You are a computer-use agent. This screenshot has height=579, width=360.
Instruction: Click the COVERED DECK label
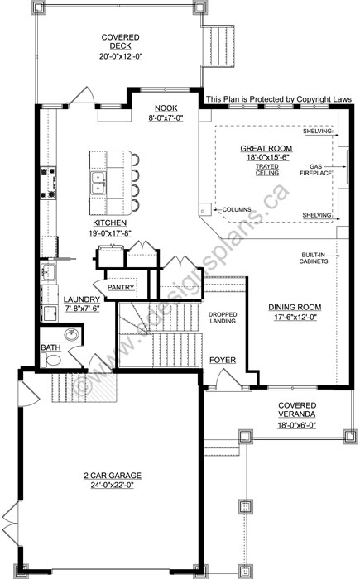pyautogui.click(x=121, y=41)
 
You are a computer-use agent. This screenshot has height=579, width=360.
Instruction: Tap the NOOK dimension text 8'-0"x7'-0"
pyautogui.click(x=166, y=117)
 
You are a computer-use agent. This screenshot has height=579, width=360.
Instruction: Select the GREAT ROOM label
pyautogui.click(x=266, y=148)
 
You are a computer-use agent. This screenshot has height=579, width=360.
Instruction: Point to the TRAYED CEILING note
pyautogui.click(x=266, y=170)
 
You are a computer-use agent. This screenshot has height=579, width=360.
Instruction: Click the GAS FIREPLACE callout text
pyautogui.click(x=315, y=170)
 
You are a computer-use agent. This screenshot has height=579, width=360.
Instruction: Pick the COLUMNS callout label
pyautogui.click(x=237, y=209)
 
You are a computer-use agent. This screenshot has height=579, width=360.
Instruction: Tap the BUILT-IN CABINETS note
pyautogui.click(x=314, y=258)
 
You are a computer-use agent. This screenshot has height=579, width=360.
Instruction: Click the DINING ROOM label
pyautogui.click(x=295, y=307)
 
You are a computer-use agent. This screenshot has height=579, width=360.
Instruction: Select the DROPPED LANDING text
pyautogui.click(x=223, y=318)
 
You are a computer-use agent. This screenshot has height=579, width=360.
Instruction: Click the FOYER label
pyautogui.click(x=223, y=360)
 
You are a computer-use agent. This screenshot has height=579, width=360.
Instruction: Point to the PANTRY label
pyautogui.click(x=121, y=287)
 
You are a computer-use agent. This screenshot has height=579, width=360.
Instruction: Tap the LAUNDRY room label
pyautogui.click(x=82, y=299)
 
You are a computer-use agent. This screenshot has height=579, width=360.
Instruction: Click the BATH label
pyautogui.click(x=50, y=347)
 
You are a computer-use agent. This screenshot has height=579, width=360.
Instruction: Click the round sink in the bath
pyautogui.click(x=71, y=335)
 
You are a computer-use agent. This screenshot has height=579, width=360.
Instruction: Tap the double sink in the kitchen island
pyautogui.click(x=98, y=183)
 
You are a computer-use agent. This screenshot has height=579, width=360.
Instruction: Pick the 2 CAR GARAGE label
pyautogui.click(x=113, y=476)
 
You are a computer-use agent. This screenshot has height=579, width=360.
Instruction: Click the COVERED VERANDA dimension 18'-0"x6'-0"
pyautogui.click(x=297, y=425)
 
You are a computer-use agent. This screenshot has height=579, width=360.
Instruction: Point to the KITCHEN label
pyautogui.click(x=109, y=223)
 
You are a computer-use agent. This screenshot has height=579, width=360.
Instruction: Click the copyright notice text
pyautogui.click(x=279, y=99)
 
